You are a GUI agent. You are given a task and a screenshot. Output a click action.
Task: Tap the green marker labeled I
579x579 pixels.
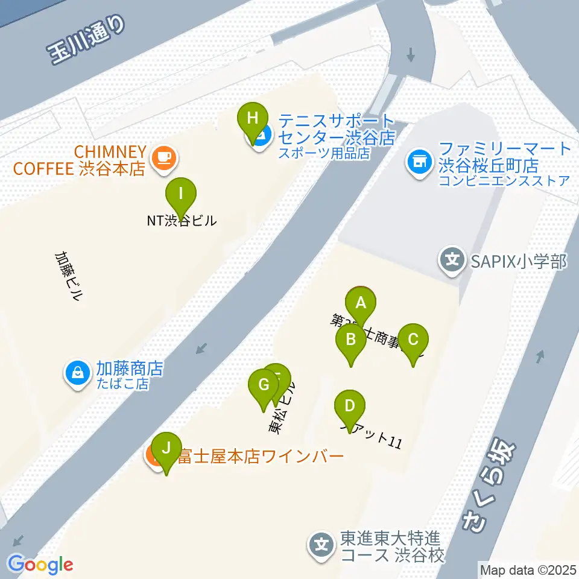pos(181,194)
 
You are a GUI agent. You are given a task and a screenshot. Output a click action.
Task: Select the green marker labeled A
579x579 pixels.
pos(361,303)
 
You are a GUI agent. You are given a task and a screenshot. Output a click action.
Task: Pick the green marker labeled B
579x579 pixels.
pos(350,340)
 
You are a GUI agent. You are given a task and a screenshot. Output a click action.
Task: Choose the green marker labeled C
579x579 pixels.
pos(413,340)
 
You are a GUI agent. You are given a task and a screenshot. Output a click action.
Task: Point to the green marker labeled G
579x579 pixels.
pos(264,385)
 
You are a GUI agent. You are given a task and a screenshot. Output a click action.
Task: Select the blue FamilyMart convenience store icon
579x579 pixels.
pos(419,161)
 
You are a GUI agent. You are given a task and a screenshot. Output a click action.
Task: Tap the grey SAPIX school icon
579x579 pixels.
pos(452,261)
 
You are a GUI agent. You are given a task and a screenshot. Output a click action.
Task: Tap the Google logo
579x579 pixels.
pos(40,565)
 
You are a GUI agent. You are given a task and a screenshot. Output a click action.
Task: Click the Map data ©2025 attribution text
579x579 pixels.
pos(527,569)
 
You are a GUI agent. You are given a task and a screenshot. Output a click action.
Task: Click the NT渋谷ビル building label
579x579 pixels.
pos(181,221)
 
